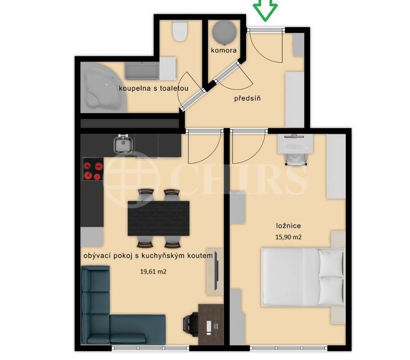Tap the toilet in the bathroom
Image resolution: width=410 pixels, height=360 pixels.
pyautogui.click(x=180, y=31)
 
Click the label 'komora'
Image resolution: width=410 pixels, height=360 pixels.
pyautogui.click(x=224, y=51)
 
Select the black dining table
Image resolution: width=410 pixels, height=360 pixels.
pyautogui.click(x=159, y=218)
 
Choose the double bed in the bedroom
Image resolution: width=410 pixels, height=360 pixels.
pyautogui.click(x=302, y=276)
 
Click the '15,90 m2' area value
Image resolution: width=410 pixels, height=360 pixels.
pyautogui.click(x=289, y=237)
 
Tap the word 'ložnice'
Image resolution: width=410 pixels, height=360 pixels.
pyautogui.click(x=288, y=226)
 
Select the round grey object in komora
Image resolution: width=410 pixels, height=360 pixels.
pyautogui.click(x=224, y=32)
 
